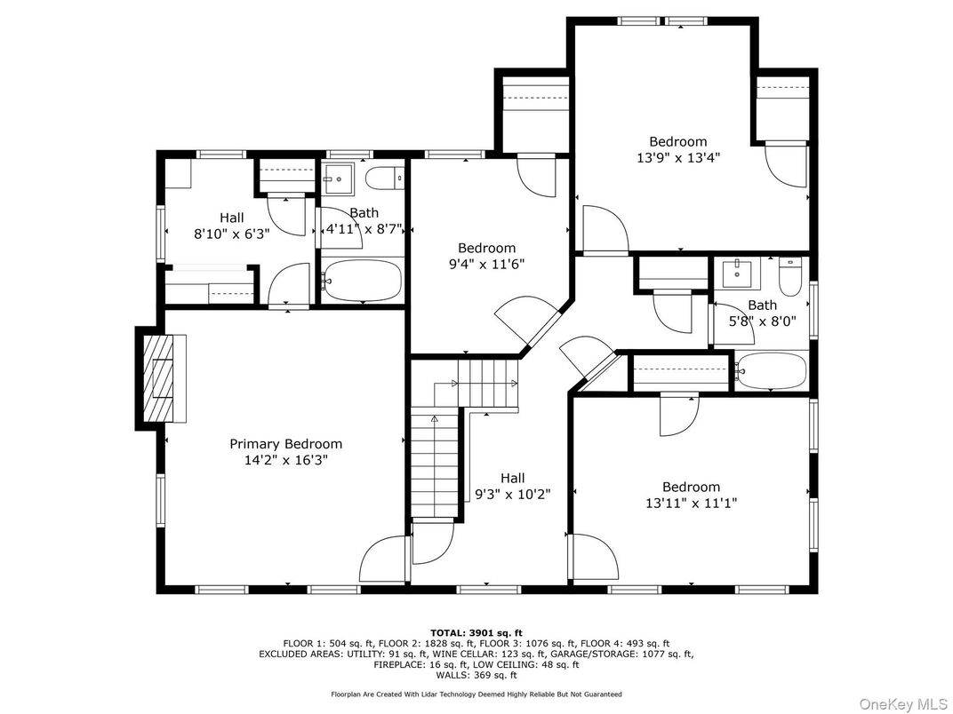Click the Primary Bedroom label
click(x=285, y=444)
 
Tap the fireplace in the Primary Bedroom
click(x=161, y=377)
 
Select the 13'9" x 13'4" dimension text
click(x=677, y=158)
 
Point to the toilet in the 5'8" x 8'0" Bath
click(x=789, y=276)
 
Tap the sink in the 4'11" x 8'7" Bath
click(x=338, y=178)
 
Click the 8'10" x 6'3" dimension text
click(x=232, y=233)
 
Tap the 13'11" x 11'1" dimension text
click(x=691, y=503)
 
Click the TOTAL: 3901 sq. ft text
click(x=476, y=631)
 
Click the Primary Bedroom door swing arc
click(x=382, y=559)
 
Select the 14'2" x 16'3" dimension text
click(x=285, y=460)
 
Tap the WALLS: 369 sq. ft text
click(x=476, y=675)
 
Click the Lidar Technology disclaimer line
click(x=476, y=694)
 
